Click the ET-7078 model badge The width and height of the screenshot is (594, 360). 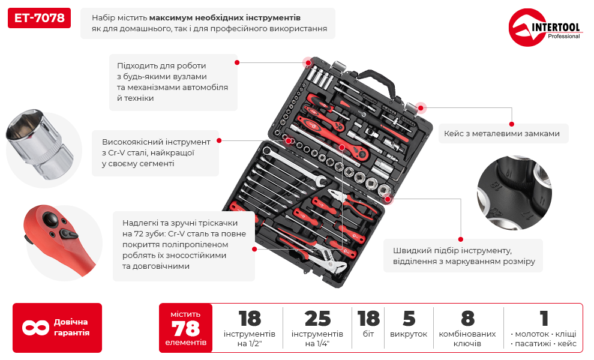tap(39, 18)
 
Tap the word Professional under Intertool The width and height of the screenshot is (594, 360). tap(563, 37)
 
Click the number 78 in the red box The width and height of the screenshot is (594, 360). tap(185, 329)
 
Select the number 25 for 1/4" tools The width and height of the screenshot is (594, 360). tap(317, 319)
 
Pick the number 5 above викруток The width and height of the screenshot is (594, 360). tap(409, 319)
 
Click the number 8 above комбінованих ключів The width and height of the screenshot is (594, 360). tap(468, 319)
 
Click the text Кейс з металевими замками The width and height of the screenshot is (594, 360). tap(502, 134)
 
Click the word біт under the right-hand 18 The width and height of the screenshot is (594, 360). tap(368, 334)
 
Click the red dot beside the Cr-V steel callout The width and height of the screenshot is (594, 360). tap(219, 140)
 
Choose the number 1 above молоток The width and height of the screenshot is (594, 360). tap(544, 319)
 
